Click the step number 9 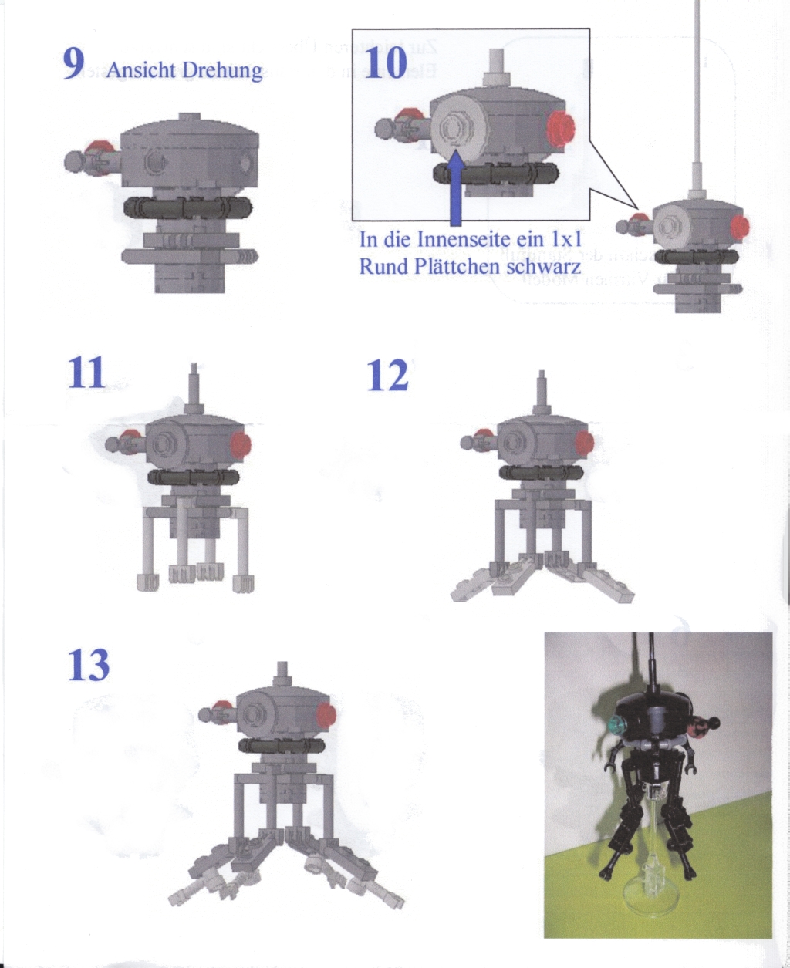73,64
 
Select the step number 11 85,373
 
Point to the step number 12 387,376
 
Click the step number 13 88,665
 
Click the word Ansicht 142,71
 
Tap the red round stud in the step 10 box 560,127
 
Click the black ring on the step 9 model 187,207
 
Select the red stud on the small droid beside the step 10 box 740,227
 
